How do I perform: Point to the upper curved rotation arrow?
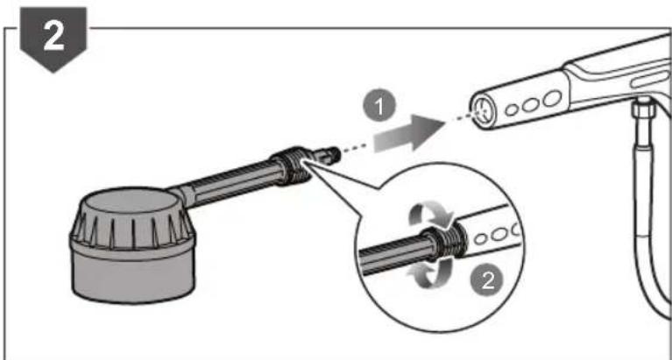click(x=430, y=214)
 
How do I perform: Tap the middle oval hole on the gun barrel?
click(x=529, y=102)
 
